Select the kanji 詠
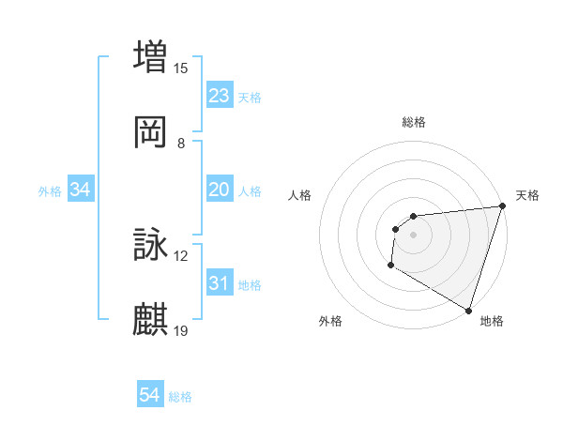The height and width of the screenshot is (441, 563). point(151,246)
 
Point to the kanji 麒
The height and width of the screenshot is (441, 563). point(151,320)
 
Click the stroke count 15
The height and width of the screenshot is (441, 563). point(181,68)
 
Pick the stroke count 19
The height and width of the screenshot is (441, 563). point(181,331)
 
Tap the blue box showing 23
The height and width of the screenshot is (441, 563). point(220,96)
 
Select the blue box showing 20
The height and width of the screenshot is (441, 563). point(220,190)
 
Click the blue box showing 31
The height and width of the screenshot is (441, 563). point(220,283)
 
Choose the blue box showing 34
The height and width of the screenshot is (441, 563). point(81,190)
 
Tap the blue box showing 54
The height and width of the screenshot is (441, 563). point(150,395)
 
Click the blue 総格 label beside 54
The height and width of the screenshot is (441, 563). point(180,397)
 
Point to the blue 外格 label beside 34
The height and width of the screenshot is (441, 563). point(50,191)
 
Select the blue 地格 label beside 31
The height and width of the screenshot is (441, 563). point(250,285)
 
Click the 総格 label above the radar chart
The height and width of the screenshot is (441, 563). point(413,122)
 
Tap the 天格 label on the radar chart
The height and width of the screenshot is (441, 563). point(527,195)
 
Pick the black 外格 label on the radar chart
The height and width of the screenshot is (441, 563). point(330,321)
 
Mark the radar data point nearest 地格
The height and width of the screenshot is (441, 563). point(468,310)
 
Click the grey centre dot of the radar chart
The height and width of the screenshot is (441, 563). point(413,235)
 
